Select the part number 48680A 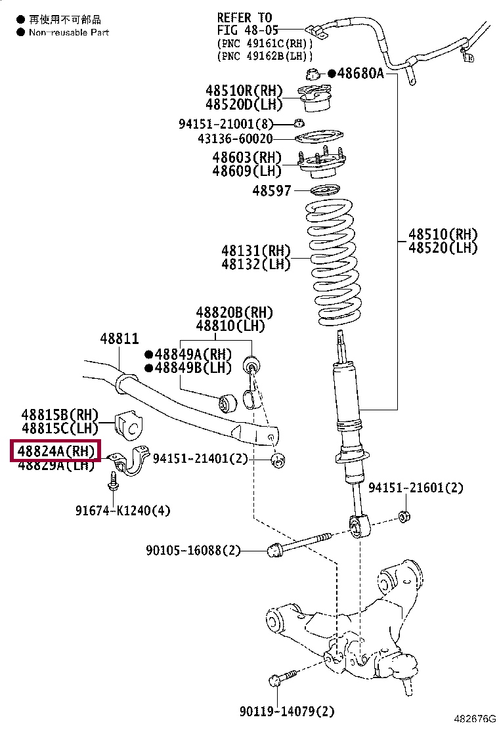360,74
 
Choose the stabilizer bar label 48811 119,339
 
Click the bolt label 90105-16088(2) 194,550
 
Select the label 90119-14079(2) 287,710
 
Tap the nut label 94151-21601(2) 416,488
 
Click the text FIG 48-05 248,30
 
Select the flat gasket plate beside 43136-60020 320,139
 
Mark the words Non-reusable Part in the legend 69,32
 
